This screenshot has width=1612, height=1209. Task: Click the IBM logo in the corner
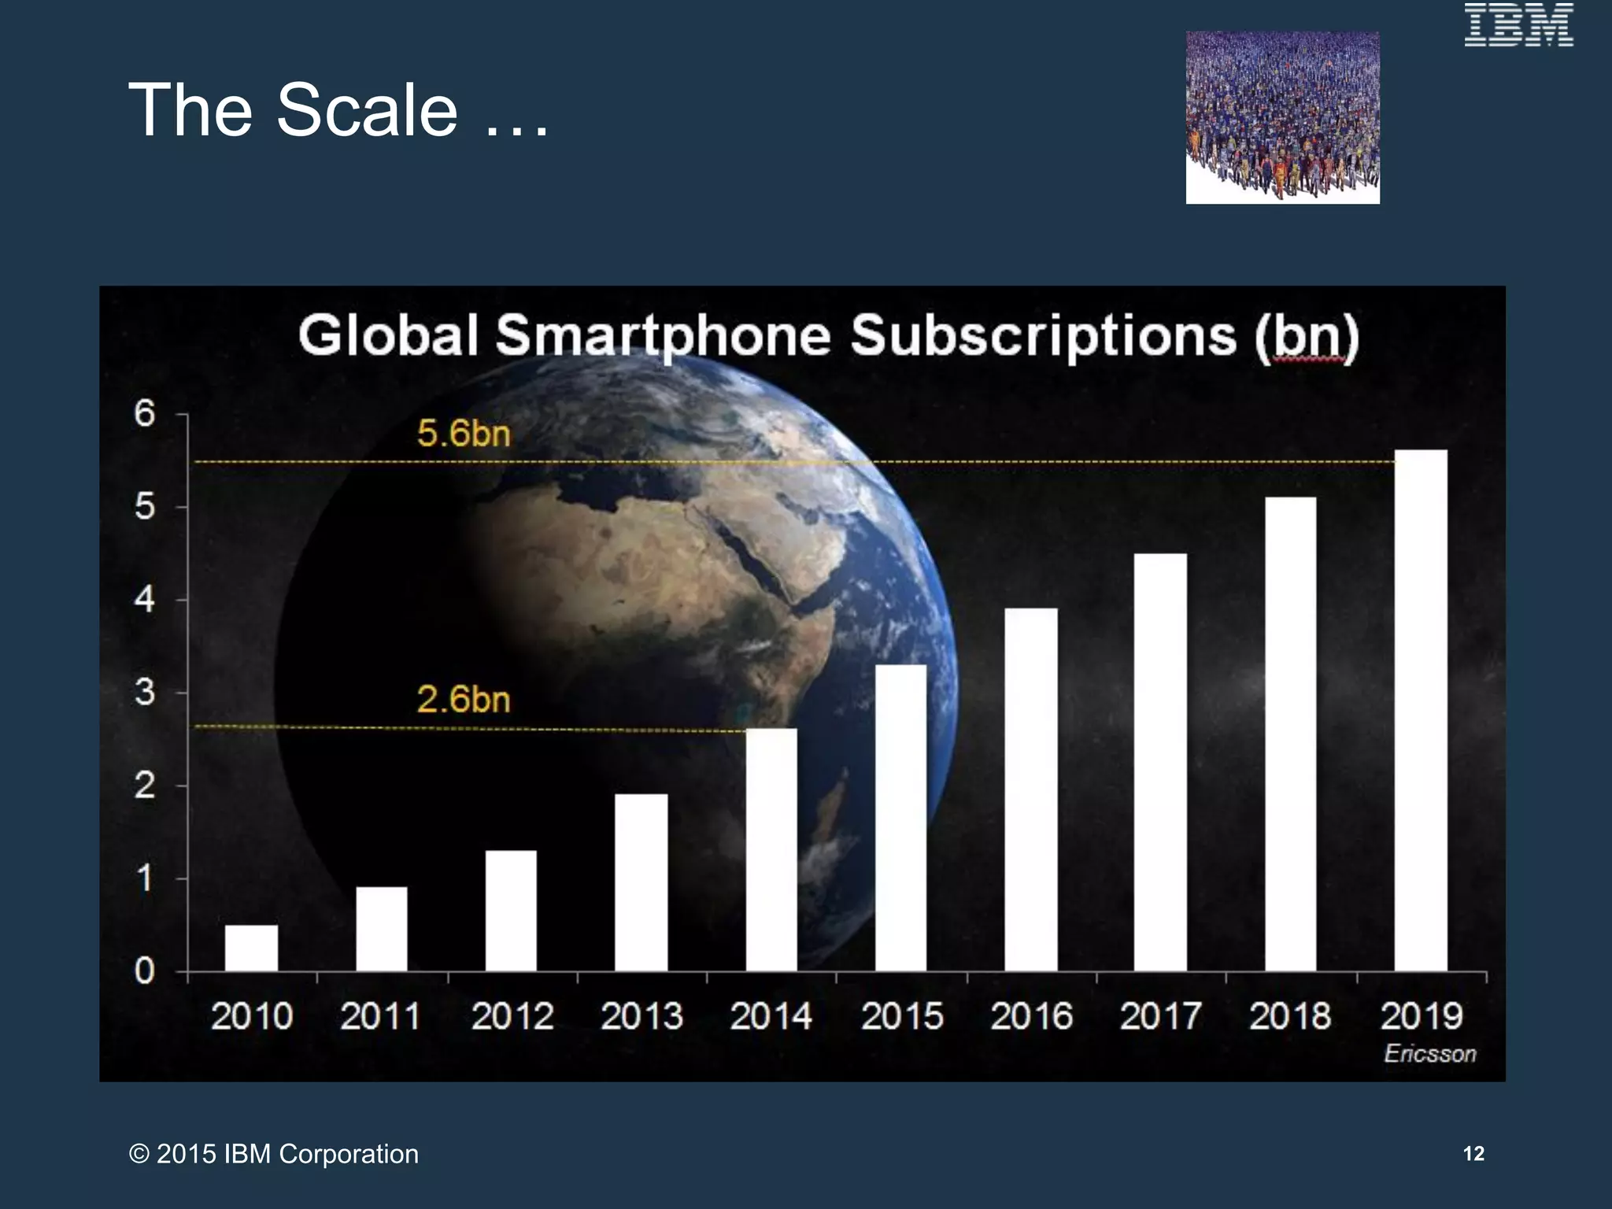coord(1518,25)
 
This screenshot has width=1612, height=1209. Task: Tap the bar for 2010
coord(251,948)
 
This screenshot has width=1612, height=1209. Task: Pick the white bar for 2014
coord(771,849)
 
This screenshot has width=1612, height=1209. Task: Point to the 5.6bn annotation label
coord(464,434)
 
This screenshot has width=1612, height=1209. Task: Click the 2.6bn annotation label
coord(464,699)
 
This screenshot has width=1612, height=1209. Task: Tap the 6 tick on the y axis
coord(145,413)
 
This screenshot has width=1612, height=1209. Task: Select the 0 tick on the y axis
coord(145,971)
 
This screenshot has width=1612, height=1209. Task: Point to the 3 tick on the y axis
coord(145,693)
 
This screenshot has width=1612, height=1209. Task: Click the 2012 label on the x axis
coord(512,1016)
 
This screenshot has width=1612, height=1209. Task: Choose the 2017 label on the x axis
coord(1160,1016)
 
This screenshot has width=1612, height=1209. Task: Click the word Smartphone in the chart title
coord(663,336)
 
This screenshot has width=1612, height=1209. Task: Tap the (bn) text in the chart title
coord(1307,336)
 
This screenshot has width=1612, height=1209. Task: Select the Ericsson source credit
coord(1429,1053)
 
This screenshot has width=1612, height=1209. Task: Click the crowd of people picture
coord(1282,117)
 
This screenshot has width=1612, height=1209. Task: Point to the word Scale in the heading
coord(367,110)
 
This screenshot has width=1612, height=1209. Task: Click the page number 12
coord(1473,1153)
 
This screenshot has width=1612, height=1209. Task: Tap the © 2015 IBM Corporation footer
coord(274,1154)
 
